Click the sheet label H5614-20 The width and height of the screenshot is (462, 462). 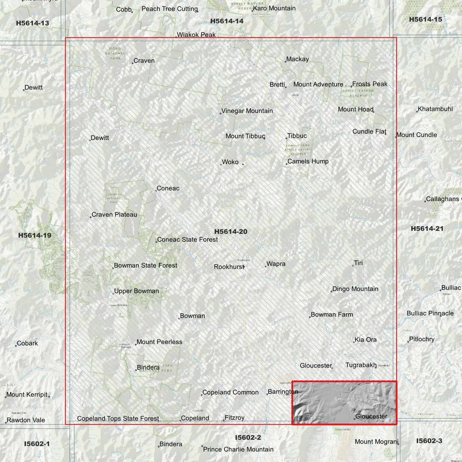click(231, 231)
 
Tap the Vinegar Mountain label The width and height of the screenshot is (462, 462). click(247, 111)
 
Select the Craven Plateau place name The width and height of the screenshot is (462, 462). click(114, 215)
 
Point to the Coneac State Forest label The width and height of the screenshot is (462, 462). click(187, 239)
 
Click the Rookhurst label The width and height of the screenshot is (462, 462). click(229, 267)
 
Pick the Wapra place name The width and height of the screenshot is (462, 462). click(276, 264)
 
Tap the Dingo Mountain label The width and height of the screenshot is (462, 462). click(355, 289)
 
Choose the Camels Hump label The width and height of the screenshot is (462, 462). click(308, 161)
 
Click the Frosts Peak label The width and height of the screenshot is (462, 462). click(370, 84)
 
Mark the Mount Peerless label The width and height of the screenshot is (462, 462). click(159, 342)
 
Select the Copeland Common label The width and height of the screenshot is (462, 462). click(230, 392)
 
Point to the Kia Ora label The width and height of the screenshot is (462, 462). click(365, 340)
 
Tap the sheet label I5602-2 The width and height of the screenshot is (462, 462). click(248, 437)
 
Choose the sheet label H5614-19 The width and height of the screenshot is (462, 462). click(35, 235)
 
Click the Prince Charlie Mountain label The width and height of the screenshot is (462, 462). click(238, 449)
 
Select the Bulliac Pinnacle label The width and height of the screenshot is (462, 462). click(430, 313)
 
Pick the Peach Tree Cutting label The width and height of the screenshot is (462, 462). click(169, 9)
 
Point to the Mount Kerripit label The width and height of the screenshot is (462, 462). click(27, 395)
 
